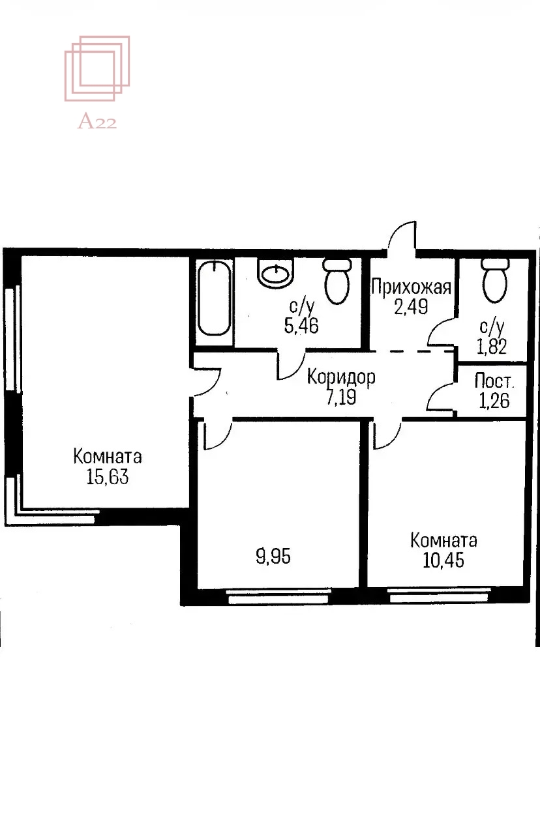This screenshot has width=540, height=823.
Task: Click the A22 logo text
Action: (97, 121)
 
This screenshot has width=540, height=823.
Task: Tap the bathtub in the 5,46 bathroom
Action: (215, 298)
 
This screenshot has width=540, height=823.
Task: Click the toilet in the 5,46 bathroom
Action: (337, 281)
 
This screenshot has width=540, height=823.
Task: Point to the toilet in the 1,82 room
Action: (495, 280)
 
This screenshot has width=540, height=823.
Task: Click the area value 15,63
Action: (108, 476)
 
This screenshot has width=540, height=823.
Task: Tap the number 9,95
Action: (273, 556)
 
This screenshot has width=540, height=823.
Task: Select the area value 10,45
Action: (443, 560)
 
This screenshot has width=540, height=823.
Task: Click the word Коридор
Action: (341, 377)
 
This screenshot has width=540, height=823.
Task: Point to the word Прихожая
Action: (411, 287)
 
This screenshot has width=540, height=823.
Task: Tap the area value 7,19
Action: (341, 397)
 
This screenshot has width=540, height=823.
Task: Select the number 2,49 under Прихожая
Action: (411, 306)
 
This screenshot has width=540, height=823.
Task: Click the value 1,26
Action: (494, 401)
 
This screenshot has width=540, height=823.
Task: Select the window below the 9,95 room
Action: (278, 596)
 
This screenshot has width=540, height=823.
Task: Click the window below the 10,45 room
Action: (440, 595)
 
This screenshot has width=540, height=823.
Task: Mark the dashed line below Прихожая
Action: (412, 351)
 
